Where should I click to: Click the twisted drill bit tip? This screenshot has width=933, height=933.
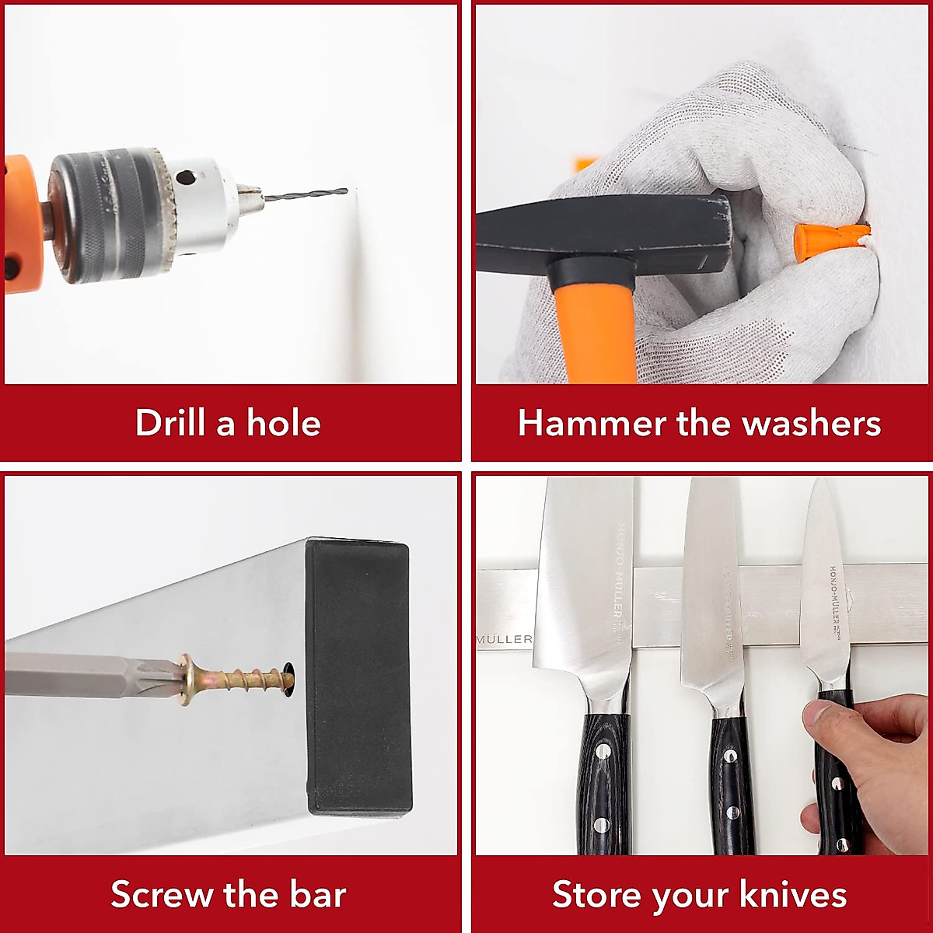coord(311,195)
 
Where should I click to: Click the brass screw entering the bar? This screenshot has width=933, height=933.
coord(233,676)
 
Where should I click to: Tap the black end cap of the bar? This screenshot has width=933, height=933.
coord(358,676)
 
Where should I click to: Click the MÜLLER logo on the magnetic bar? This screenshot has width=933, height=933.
coord(504,639)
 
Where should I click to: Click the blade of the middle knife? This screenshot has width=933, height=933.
coord(711,606)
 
